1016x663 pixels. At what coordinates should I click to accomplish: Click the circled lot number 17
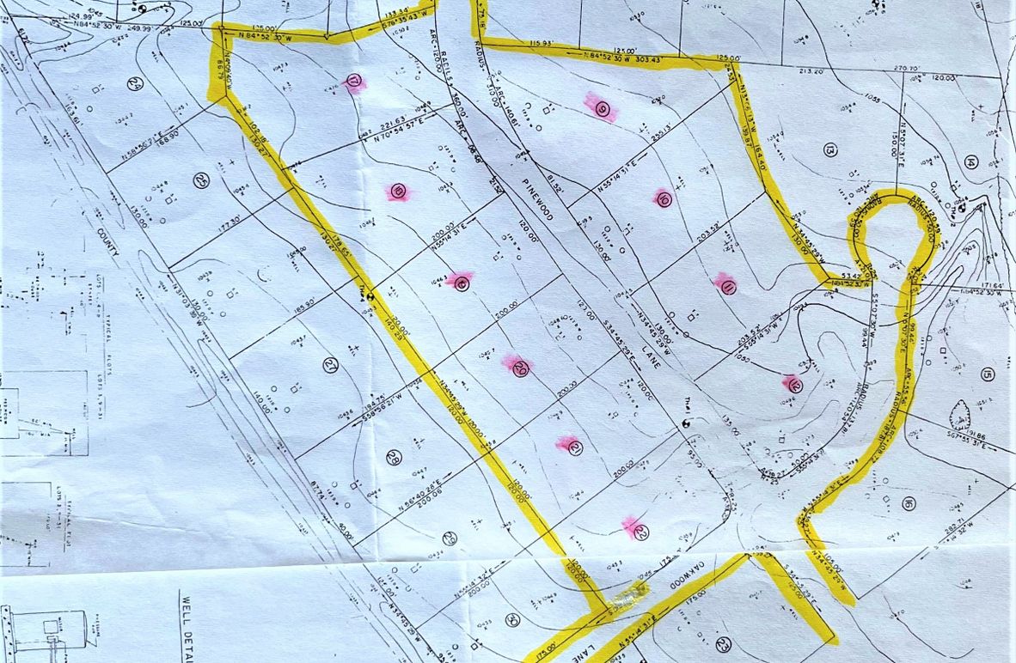(x=354, y=82)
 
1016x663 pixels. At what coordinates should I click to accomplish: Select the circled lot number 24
(x=133, y=83)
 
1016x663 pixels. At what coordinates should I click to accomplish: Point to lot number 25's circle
(x=201, y=180)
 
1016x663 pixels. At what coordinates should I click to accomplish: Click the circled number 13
(x=829, y=150)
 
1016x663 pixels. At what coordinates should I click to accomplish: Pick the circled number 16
(x=908, y=503)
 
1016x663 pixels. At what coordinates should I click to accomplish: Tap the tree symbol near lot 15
(x=960, y=415)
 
